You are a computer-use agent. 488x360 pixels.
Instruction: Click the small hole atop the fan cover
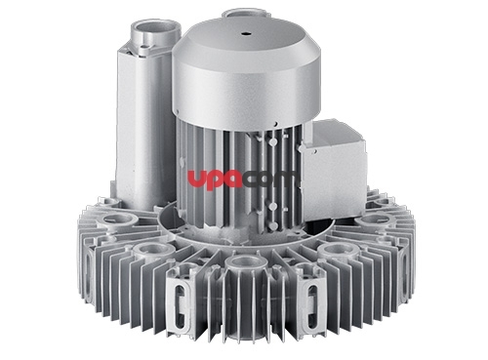[246, 33]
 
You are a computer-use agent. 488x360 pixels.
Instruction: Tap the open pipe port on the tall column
[156, 31]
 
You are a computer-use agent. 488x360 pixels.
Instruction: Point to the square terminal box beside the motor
[334, 169]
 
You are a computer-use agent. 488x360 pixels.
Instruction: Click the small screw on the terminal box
[315, 151]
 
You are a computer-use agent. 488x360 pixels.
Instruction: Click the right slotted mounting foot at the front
[311, 304]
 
